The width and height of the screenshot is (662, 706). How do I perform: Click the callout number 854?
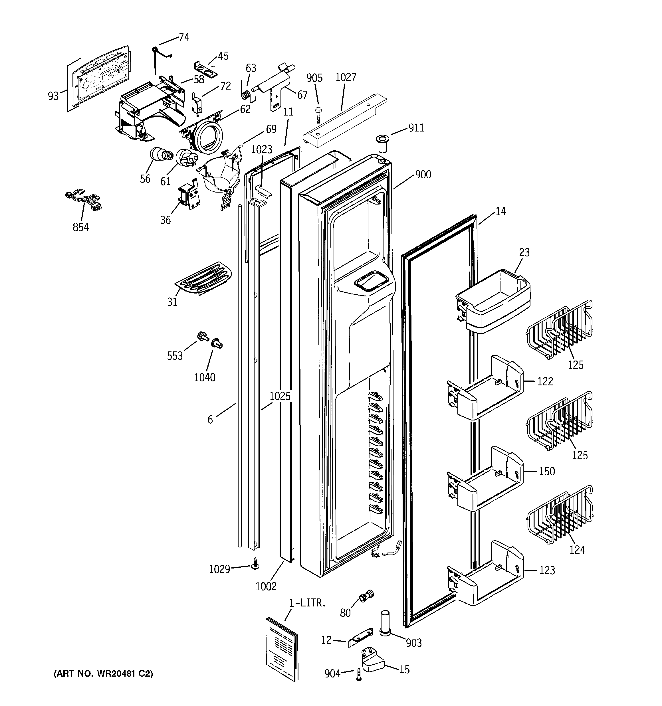(81, 227)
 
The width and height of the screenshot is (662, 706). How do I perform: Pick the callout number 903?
(414, 643)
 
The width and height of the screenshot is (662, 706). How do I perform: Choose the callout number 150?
(546, 471)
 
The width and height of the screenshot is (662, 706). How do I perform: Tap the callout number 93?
(53, 96)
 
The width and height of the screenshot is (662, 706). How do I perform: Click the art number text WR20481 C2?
(103, 674)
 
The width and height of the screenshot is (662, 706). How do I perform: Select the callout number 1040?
(205, 377)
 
